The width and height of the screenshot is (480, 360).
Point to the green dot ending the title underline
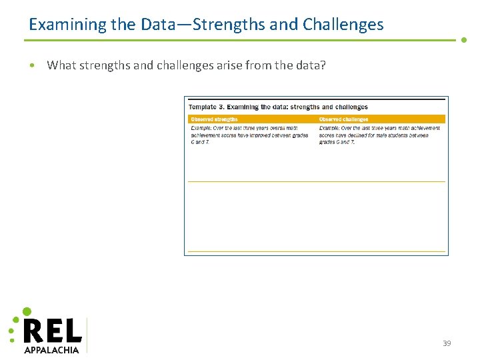(464, 40)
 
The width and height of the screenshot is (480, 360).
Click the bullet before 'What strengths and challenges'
(32, 65)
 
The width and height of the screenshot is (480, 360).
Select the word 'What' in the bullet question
(62, 65)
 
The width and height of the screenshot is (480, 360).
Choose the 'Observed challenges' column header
(343, 119)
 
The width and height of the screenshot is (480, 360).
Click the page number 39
(447, 343)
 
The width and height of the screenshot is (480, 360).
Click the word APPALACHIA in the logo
(51, 349)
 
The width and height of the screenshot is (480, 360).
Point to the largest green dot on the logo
(27, 311)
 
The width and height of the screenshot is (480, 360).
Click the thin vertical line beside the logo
(87, 335)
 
